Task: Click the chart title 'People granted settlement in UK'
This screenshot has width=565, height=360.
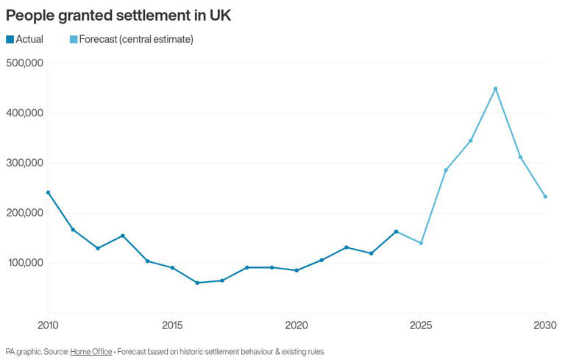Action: [118, 15]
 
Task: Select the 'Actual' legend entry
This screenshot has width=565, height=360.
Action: [25, 40]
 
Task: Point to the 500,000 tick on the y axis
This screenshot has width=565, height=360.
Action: [25, 63]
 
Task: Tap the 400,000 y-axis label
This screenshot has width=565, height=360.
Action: [25, 113]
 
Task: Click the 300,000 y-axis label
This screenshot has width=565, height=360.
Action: [25, 163]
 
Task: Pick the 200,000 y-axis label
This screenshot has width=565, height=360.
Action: [25, 213]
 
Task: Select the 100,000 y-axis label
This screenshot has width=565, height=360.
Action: [25, 263]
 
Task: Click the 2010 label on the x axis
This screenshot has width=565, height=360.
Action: [48, 325]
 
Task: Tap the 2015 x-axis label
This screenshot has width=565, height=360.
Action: [172, 325]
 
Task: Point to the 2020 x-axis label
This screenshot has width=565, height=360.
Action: [296, 325]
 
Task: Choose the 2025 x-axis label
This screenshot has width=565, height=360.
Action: [421, 325]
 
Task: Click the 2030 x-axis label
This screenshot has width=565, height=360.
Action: [545, 325]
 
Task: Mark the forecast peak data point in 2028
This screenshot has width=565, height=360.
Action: [495, 88]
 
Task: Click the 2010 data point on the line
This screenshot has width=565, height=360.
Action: [48, 192]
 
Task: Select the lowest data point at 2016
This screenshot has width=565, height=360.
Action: [197, 283]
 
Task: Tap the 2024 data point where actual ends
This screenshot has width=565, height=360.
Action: [396, 231]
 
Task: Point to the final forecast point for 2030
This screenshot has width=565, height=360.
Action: [545, 197]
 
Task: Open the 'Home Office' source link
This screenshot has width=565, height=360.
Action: [91, 352]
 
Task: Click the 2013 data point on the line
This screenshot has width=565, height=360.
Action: [123, 236]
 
